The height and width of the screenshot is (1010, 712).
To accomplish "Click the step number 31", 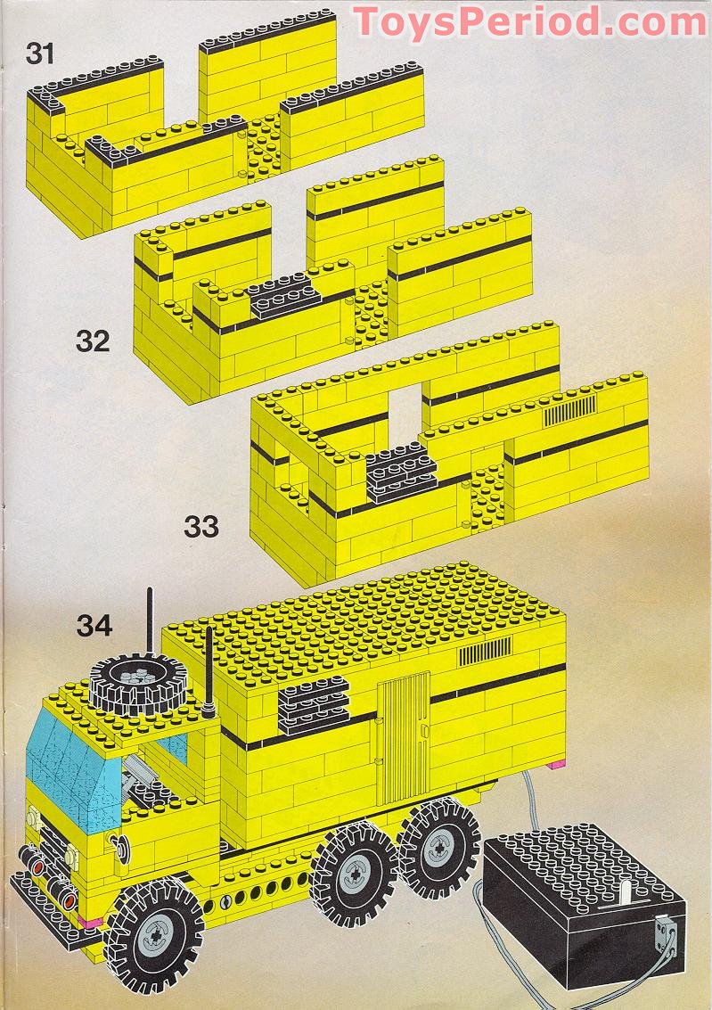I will tap(40, 53).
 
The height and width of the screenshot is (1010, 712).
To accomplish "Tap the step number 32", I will tap(92, 341).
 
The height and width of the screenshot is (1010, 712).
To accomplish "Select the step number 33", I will tap(201, 526).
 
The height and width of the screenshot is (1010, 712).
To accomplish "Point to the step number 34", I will tap(94, 626).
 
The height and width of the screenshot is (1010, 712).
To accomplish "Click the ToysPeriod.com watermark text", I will tap(530, 21).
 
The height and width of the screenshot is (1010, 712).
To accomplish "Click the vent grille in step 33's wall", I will tap(570, 413).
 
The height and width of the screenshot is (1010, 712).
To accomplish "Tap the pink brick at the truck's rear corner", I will tap(557, 764).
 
